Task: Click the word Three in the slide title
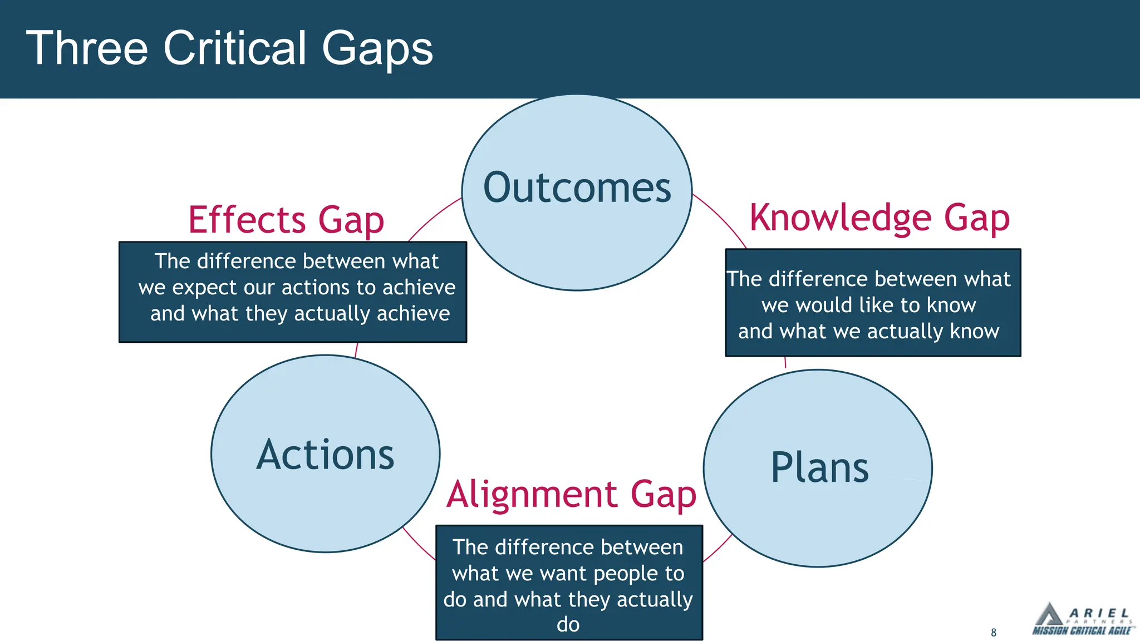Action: [87, 48]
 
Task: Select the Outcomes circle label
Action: [577, 188]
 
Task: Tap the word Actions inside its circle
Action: [325, 455]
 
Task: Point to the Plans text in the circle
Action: [819, 467]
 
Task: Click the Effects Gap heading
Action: [286, 220]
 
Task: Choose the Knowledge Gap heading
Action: [879, 218]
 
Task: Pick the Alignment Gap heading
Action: [571, 494]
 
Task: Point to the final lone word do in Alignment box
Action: [568, 624]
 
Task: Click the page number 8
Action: [994, 633]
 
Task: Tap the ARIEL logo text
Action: [1099, 613]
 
